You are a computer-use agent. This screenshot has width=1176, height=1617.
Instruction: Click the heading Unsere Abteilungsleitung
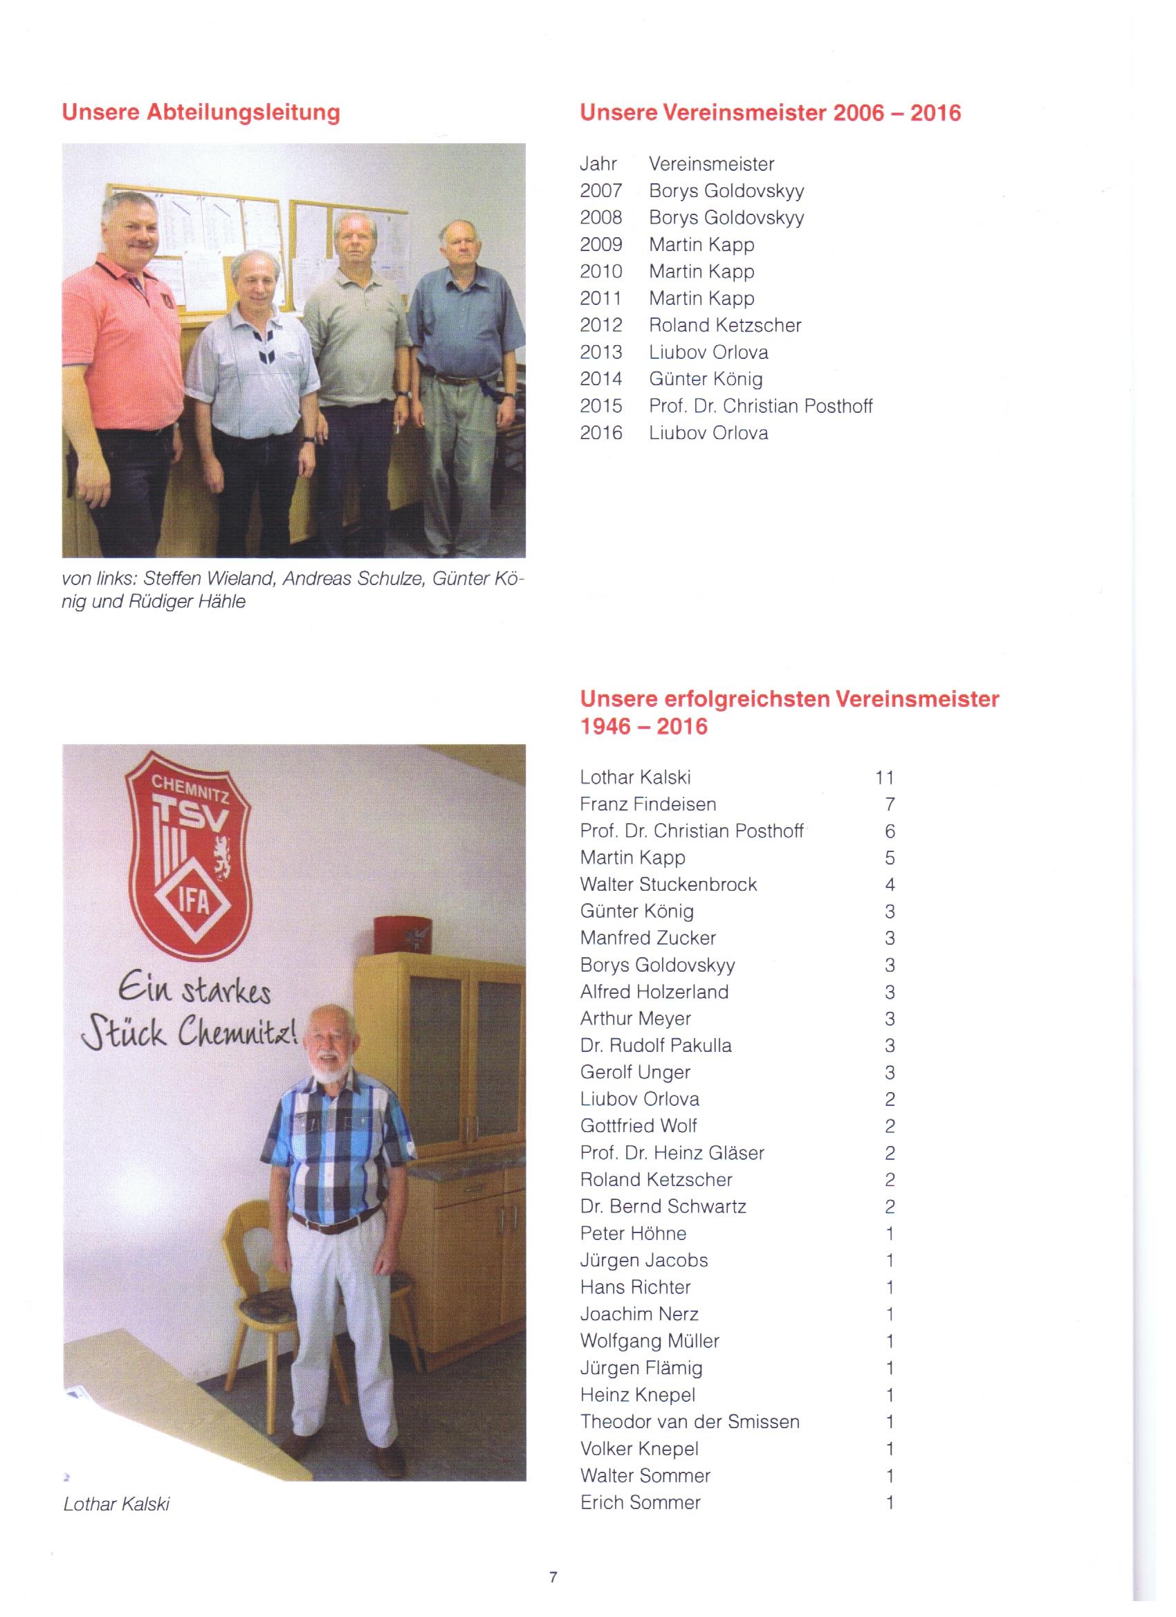pyautogui.click(x=201, y=113)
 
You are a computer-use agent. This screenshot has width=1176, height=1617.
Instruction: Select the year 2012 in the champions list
pyautogui.click(x=600, y=325)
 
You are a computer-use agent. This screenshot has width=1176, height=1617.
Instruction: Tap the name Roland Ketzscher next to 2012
pyautogui.click(x=724, y=325)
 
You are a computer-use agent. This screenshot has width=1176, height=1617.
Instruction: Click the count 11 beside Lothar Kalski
pyautogui.click(x=883, y=777)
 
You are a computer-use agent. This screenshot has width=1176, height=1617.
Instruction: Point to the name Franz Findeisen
pyautogui.click(x=647, y=804)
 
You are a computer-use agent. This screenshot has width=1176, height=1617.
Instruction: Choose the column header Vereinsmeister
pyautogui.click(x=711, y=164)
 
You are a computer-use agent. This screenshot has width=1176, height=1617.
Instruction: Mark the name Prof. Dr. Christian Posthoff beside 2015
pyautogui.click(x=760, y=406)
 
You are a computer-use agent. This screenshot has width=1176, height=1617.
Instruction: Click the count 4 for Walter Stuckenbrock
pyautogui.click(x=890, y=885)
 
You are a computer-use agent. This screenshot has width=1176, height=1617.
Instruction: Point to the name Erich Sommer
pyautogui.click(x=640, y=1502)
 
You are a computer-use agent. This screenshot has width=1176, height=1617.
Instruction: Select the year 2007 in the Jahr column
pyautogui.click(x=600, y=191)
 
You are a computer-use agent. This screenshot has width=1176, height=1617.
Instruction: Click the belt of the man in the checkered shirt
pyautogui.click(x=336, y=1222)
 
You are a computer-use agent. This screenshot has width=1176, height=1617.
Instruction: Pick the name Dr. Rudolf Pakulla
pyautogui.click(x=655, y=1046)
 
